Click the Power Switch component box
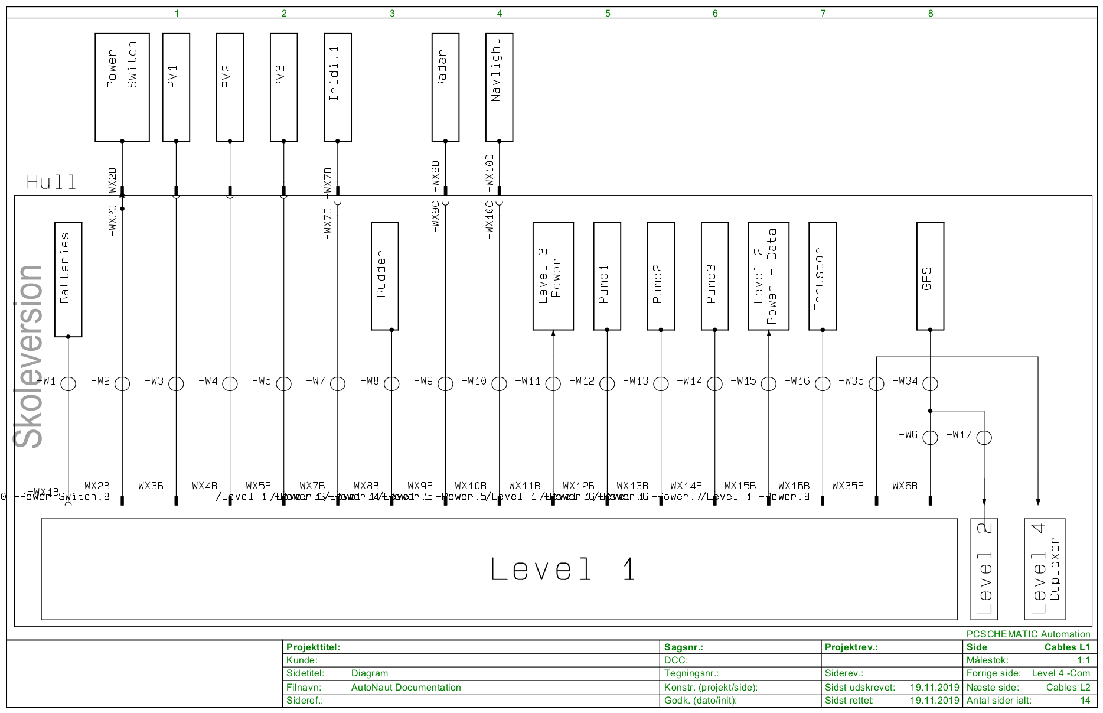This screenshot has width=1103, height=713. [122, 87]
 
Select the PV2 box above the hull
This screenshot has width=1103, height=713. [230, 87]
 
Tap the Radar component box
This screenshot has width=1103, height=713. [445, 87]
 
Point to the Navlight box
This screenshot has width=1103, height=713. [499, 87]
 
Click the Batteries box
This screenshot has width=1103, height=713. [68, 279]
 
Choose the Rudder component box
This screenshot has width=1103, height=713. [384, 276]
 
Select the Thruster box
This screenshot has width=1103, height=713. [822, 276]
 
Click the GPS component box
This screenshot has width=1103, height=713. [930, 276]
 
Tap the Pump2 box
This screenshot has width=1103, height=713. [661, 276]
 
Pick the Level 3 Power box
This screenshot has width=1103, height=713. [553, 276]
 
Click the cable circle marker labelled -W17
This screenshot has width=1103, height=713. [984, 438]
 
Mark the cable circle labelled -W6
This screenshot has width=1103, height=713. [930, 438]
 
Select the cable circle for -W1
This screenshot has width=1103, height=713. [68, 383]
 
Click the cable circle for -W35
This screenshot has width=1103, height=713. [876, 383]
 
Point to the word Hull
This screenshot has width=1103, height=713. [51, 182]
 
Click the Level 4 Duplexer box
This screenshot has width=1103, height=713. [1045, 569]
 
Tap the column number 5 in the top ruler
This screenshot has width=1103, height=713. [608, 13]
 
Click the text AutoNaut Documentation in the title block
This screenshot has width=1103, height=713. [406, 687]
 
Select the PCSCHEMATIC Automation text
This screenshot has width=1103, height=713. [1028, 634]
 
